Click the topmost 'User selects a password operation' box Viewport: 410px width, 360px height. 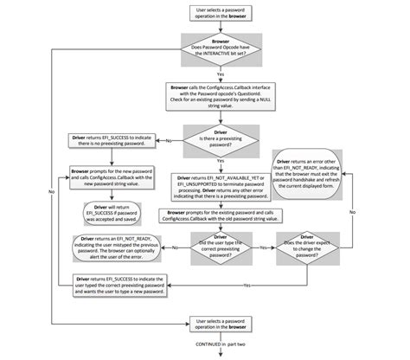219,13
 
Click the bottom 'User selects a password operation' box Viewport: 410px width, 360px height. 219,325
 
